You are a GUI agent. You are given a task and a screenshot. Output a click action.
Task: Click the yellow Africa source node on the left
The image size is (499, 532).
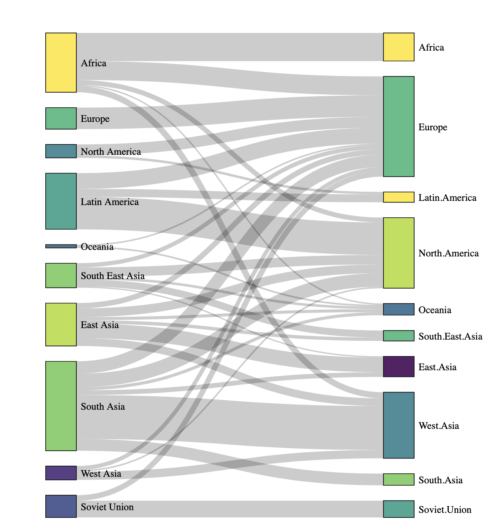point(61,62)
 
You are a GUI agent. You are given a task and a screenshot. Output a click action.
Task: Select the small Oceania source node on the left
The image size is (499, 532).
point(61,246)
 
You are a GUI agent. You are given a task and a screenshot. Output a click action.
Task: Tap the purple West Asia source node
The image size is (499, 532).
point(61,473)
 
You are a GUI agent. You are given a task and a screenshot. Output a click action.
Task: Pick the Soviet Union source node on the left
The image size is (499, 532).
point(61,506)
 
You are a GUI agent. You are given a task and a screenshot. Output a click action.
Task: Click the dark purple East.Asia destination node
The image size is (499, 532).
point(399,367)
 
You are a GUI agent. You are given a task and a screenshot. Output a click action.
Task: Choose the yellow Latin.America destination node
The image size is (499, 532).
point(399,197)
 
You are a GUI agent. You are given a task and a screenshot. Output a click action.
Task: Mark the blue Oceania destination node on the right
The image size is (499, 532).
point(399,309)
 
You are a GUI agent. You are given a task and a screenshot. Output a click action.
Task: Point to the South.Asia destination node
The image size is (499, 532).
point(399,479)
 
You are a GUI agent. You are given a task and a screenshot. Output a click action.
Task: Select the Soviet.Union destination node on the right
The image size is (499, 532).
point(399,509)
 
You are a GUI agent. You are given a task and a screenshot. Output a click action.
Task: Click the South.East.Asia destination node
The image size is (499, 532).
point(399,336)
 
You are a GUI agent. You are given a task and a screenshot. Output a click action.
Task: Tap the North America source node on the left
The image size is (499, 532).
point(61,151)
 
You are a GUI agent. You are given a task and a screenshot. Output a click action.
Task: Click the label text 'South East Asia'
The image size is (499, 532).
point(112,276)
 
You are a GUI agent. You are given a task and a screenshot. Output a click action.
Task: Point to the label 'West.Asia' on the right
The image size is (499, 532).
point(438,426)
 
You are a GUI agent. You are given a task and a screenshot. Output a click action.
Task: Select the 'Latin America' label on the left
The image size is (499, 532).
point(109,202)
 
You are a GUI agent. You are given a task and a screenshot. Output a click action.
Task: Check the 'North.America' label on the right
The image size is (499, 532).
point(448,253)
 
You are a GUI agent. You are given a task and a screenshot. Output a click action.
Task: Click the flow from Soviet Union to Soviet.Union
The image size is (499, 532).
point(230,509)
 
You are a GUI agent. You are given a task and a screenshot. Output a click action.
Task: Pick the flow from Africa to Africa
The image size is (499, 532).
point(230,47)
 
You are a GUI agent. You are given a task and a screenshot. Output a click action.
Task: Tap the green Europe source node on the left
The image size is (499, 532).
point(61,118)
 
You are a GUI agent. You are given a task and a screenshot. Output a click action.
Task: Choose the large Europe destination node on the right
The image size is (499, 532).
point(399,126)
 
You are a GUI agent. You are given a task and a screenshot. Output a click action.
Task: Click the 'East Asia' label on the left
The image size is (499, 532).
point(99,325)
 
